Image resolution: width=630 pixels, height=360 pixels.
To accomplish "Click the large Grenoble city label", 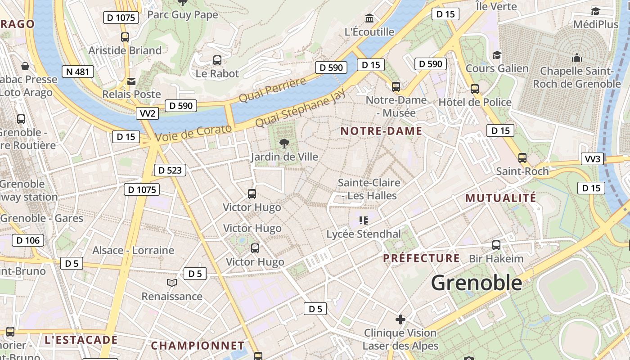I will [x=476, y=283].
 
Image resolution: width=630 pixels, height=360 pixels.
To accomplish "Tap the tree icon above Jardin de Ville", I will [x=284, y=144].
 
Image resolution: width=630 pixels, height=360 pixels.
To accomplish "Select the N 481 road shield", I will [x=78, y=71].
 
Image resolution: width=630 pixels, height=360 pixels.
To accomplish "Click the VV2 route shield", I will [x=147, y=113].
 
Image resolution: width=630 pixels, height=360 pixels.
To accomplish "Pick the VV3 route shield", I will [x=592, y=159].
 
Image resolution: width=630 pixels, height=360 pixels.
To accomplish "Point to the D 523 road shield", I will [x=170, y=170].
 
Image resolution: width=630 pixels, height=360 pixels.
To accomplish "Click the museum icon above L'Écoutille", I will [x=370, y=18].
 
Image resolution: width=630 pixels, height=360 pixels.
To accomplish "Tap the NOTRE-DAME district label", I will [x=381, y=131].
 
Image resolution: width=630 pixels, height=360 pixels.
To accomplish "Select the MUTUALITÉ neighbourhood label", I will [x=500, y=198].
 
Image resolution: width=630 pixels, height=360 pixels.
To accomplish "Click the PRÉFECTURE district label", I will [x=421, y=258].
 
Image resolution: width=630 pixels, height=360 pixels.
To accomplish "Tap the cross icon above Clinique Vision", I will [x=400, y=319].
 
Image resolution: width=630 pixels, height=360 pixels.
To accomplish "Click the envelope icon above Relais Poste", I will [x=131, y=81].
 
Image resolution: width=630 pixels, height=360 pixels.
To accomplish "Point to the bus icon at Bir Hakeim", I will [x=496, y=245].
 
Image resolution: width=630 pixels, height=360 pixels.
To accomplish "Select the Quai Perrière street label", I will [x=272, y=90].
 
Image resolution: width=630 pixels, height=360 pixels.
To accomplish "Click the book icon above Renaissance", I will [x=172, y=283].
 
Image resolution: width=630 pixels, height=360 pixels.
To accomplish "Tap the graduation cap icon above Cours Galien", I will [x=497, y=55].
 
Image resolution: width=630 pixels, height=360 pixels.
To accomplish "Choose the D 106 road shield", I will [x=28, y=240].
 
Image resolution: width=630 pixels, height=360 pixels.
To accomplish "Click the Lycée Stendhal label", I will [x=363, y=234].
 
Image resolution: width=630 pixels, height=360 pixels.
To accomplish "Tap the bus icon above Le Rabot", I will [x=217, y=60].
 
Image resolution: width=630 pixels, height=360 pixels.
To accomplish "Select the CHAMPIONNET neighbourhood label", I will [x=198, y=346].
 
